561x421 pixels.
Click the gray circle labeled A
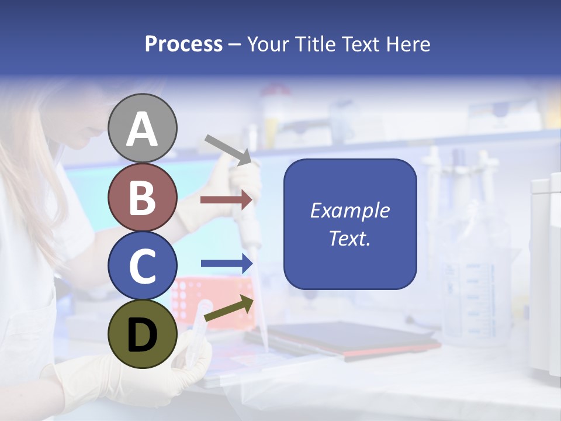[x=143, y=128]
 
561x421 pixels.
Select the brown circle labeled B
[x=143, y=197]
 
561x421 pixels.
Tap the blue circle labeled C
[x=143, y=265]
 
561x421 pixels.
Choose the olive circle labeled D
[x=143, y=334]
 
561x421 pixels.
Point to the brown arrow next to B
[x=226, y=199]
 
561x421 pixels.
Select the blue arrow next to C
[x=226, y=264]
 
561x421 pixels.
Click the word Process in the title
[x=183, y=44]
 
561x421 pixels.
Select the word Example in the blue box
[x=349, y=210]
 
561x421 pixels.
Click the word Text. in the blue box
[x=349, y=239]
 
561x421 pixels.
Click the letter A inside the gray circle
[x=143, y=129]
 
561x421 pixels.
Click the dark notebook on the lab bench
[x=345, y=339]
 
